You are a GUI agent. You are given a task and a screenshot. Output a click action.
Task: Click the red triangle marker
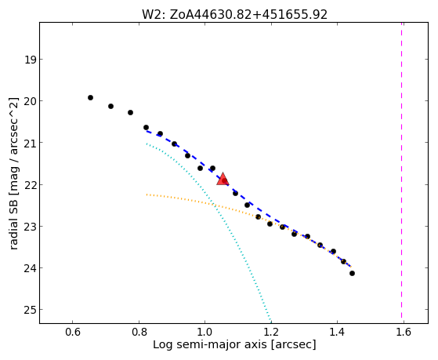coord(223,180)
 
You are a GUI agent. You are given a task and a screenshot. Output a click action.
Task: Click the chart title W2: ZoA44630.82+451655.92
coord(234,15)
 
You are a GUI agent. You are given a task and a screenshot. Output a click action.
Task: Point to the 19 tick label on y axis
coord(31,60)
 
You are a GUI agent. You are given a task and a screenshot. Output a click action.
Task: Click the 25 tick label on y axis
coord(31,310)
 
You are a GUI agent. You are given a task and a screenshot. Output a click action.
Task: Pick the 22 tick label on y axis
coord(31,185)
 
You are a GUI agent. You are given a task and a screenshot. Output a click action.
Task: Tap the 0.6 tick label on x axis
coord(73,332)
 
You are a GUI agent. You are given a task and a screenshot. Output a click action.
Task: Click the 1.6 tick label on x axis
coord(404,332)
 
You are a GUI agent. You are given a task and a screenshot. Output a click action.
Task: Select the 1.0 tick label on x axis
coord(205,332)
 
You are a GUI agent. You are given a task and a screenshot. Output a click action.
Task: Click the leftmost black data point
coord(90,97)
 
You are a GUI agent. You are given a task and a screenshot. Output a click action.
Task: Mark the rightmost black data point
coord(352,273)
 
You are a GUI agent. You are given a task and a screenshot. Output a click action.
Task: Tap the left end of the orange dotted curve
coord(147,195)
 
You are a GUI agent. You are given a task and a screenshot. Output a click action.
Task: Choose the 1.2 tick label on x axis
coord(271,332)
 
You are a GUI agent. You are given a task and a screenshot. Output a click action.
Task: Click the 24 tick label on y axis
coord(31,268)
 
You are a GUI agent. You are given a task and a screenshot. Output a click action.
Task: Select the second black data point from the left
coord(110,107)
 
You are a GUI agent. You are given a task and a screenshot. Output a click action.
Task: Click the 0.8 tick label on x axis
coord(139,332)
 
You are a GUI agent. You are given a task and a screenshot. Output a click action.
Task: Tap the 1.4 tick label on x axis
coord(338,332)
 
